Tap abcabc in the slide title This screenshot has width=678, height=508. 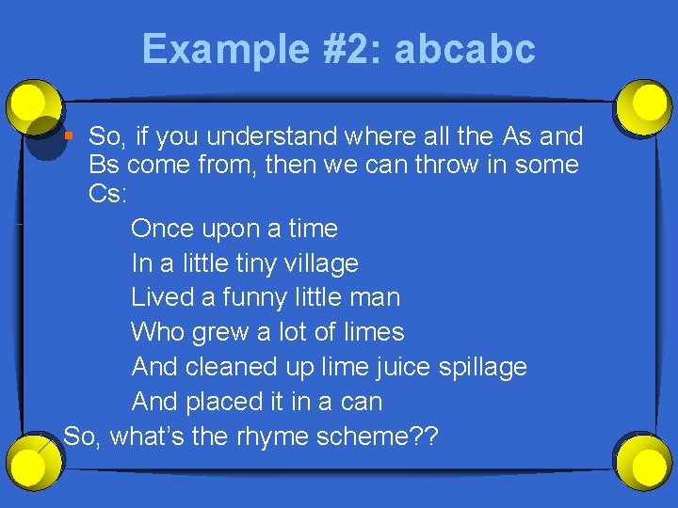pyautogui.click(x=464, y=49)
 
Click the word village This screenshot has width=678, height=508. pyautogui.click(x=321, y=263)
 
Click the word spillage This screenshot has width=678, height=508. pyautogui.click(x=483, y=367)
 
